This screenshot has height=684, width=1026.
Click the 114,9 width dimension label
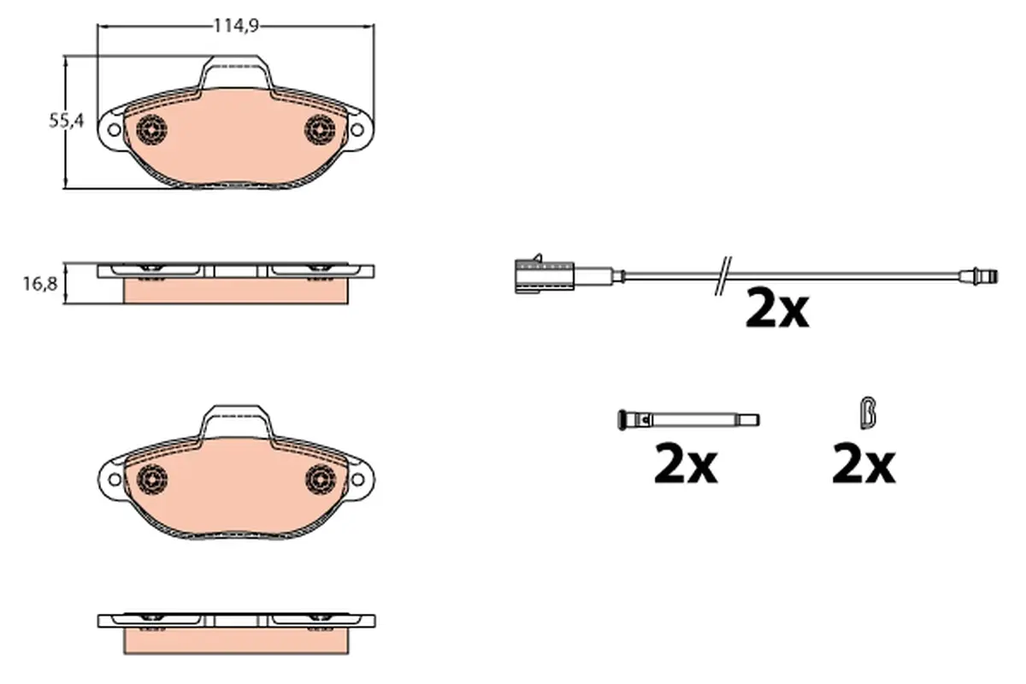236,27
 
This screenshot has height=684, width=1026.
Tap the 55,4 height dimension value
67,121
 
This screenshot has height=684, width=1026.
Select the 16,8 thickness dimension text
40,284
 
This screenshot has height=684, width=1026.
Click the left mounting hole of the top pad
114,130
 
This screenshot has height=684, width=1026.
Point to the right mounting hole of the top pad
357,130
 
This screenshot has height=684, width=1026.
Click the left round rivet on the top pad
151,130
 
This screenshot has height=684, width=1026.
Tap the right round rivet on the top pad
320,130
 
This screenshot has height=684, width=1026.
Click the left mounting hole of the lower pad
115,480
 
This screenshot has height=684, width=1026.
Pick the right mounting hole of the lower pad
357,480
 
